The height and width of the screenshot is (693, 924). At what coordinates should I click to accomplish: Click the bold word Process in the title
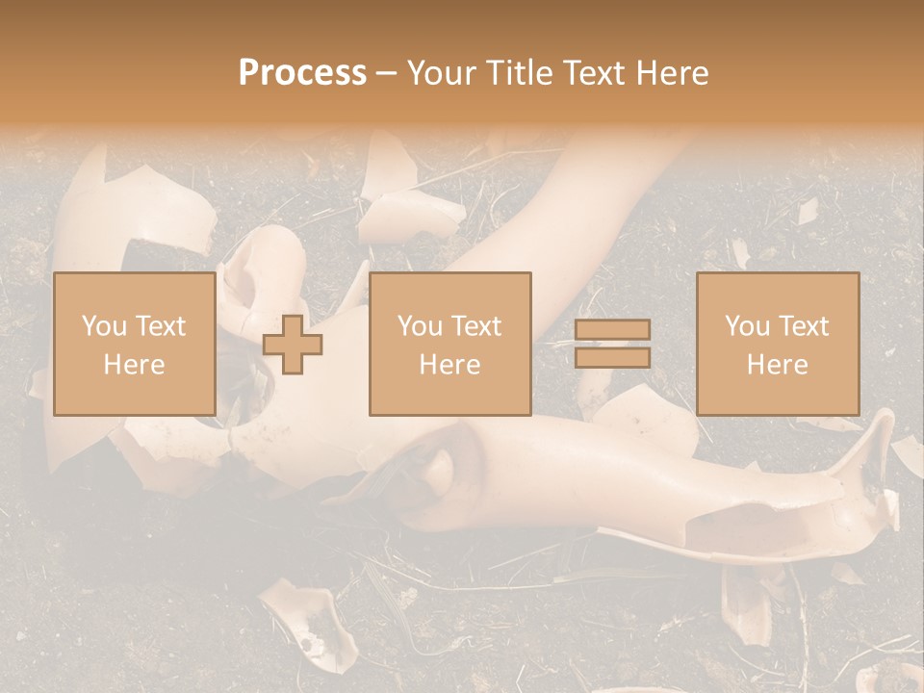[x=302, y=72]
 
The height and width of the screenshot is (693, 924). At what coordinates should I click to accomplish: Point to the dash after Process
[x=386, y=73]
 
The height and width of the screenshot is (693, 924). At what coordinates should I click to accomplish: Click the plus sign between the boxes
[x=293, y=345]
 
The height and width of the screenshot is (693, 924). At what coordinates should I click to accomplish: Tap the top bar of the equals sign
[x=612, y=330]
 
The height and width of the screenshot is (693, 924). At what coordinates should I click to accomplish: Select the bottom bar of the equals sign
[x=612, y=358]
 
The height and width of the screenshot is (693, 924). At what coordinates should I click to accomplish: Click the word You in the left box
[x=104, y=326]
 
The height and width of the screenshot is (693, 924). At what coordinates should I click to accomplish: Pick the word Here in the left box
[x=134, y=364]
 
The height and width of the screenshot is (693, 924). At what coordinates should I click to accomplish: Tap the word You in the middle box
[x=420, y=326]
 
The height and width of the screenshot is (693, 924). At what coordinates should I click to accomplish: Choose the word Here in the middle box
[x=450, y=364]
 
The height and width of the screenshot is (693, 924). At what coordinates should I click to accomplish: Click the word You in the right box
[x=747, y=326]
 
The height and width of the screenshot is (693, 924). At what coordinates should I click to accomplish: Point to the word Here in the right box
[x=778, y=364]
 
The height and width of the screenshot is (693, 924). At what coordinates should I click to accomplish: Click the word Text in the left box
[x=160, y=326]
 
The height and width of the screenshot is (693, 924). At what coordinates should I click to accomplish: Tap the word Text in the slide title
[x=592, y=72]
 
